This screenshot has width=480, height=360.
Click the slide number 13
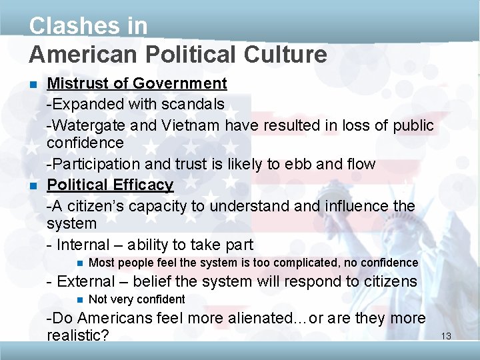click(x=446, y=336)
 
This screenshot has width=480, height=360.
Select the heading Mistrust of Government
click(x=137, y=83)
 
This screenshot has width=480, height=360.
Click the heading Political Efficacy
click(x=110, y=185)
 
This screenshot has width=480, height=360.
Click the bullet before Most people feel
click(x=79, y=263)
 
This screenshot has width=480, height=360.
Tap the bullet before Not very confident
click(x=79, y=299)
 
